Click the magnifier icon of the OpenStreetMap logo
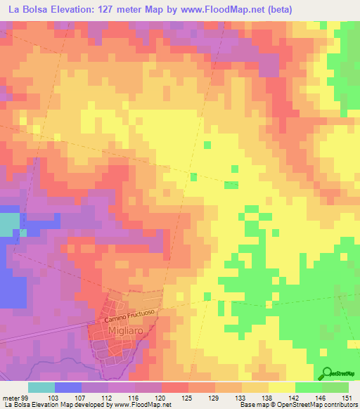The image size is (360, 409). pyautogui.click(x=328, y=374)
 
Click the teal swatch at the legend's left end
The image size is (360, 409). pyautogui.click(x=41, y=387)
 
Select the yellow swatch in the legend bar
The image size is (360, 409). pyautogui.click(x=281, y=387)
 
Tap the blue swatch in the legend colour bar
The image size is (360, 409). pyautogui.click(x=67, y=387)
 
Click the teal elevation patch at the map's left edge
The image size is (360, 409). pyautogui.click(x=8, y=224)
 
